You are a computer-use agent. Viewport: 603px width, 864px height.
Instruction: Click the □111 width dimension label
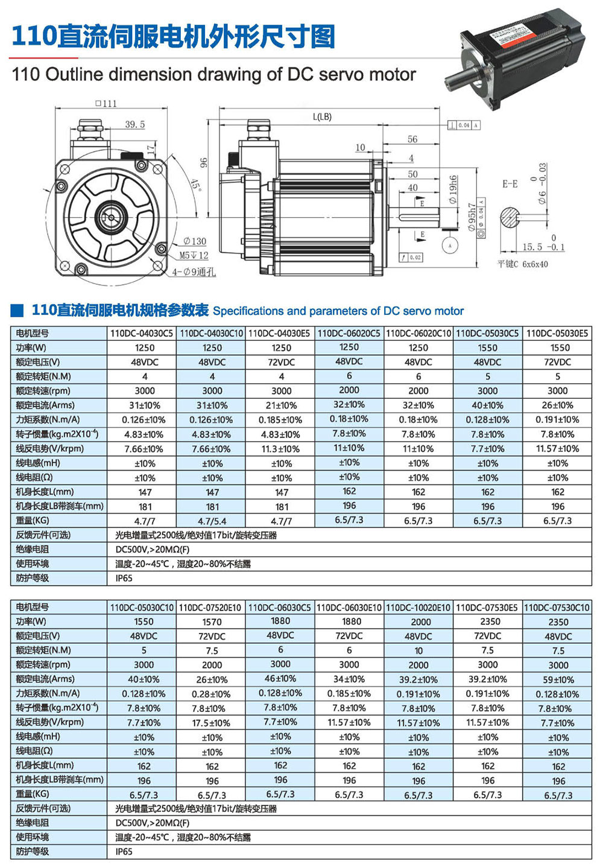tap(106, 103)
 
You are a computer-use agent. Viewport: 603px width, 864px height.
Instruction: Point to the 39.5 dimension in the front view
tap(135, 124)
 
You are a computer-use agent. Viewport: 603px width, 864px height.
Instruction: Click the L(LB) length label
tap(322, 116)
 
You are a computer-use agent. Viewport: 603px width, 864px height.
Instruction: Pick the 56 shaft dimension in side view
tap(412, 139)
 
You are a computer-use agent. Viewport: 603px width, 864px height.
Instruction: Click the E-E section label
tap(510, 183)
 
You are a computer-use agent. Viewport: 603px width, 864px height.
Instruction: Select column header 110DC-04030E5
tap(281, 333)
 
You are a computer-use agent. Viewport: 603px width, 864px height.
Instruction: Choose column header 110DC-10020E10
tap(418, 608)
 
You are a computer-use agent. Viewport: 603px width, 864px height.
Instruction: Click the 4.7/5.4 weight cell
tap(212, 521)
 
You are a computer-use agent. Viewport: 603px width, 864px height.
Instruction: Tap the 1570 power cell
tap(212, 622)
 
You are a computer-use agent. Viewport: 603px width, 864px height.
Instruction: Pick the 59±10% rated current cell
tap(558, 679)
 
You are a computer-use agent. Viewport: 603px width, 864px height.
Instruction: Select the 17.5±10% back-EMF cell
tap(212, 723)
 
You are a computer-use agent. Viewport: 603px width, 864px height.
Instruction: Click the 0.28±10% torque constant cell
tap(212, 694)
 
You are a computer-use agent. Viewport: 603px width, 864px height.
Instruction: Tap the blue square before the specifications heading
tap(18, 311)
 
